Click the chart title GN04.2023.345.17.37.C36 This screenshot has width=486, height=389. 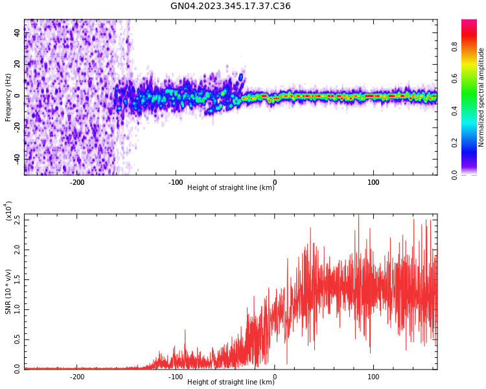point(230,6)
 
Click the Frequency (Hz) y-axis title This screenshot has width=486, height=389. point(8,97)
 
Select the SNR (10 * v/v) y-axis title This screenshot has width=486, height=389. point(8,292)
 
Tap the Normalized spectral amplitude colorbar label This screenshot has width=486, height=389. point(481,97)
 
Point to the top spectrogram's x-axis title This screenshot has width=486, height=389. point(231,188)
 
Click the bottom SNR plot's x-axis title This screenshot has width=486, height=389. point(231,383)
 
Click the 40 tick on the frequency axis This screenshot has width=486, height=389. point(17,34)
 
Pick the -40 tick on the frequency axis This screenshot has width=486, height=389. point(16,158)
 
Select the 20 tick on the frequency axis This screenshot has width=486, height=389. point(17,65)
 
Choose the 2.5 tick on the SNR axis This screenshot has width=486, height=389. point(17,219)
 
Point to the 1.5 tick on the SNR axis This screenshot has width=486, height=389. point(17,279)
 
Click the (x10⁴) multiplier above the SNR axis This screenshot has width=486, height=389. point(8,211)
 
